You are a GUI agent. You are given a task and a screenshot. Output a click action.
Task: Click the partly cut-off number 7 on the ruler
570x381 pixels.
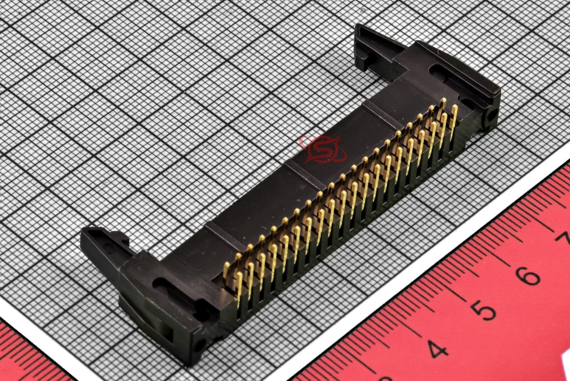click(x=564, y=239)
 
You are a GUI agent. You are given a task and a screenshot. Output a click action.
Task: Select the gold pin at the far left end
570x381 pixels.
click(x=226, y=271)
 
